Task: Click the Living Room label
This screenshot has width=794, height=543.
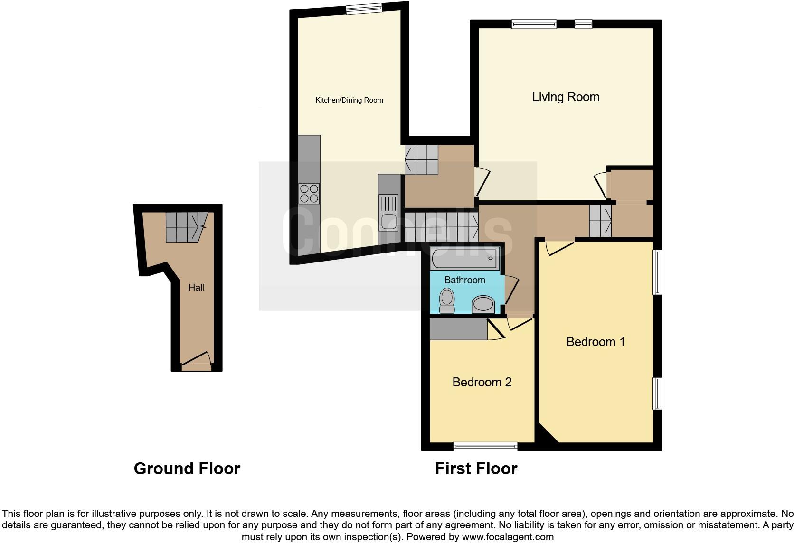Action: coord(565,97)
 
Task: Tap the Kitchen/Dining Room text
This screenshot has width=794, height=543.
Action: coord(349,100)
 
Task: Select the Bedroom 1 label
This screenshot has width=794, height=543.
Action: coord(595,342)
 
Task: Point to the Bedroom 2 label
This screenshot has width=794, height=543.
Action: coord(482,382)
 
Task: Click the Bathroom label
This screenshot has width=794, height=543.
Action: coord(464,280)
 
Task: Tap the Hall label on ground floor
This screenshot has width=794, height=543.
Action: coord(196,288)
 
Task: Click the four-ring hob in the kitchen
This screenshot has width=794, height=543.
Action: coord(309,194)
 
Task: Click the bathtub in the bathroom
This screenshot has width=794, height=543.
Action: coord(464,259)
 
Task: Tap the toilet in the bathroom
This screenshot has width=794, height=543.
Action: coord(446,301)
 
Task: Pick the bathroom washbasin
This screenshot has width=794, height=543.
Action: coord(483,304)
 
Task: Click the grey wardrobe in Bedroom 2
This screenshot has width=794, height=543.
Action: coord(458,329)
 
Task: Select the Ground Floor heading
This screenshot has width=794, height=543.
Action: coord(187,468)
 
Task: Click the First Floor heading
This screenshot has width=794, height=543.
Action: coord(476,468)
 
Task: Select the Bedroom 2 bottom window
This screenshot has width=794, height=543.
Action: coord(485,446)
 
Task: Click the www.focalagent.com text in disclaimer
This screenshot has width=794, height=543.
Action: coord(508,537)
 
